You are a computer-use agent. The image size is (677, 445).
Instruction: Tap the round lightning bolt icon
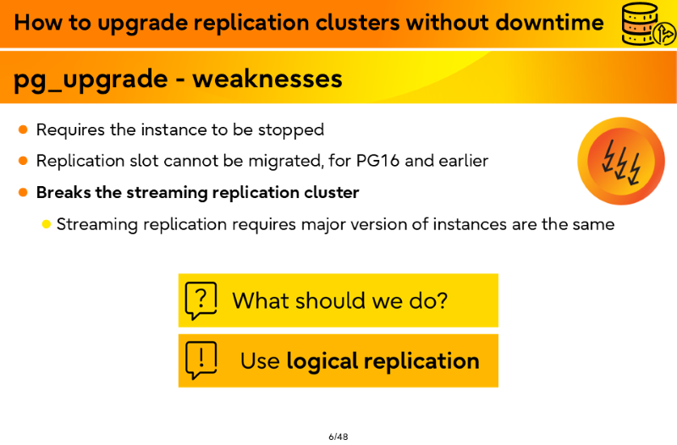click(621, 161)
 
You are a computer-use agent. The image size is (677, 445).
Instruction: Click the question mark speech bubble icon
click(201, 300)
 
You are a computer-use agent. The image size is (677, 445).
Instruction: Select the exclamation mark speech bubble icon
click(201, 360)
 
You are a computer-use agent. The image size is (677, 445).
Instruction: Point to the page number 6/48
click(338, 437)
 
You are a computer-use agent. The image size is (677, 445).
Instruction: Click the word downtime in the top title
click(549, 23)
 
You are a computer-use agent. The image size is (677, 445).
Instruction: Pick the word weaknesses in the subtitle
click(267, 79)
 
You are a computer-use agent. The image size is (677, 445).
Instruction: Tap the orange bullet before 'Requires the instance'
click(24, 129)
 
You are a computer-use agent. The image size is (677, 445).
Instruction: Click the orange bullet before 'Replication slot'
click(24, 161)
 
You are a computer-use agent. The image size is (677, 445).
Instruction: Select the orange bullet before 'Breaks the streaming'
click(24, 193)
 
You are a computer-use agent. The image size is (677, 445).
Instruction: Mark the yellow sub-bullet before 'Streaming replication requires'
click(47, 224)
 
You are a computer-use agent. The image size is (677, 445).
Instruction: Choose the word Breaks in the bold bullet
click(63, 193)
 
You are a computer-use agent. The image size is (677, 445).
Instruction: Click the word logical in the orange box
click(322, 362)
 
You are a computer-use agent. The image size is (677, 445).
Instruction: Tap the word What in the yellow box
click(261, 300)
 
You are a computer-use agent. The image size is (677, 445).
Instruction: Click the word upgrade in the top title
click(142, 24)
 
